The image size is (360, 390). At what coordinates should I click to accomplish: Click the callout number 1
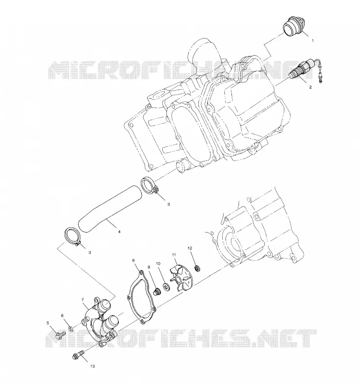[x=313, y=40]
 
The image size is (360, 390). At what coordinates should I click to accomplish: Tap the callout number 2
[x=310, y=87]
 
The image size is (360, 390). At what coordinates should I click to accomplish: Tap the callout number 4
[x=119, y=232]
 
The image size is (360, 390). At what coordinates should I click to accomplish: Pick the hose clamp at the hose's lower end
[x=73, y=236]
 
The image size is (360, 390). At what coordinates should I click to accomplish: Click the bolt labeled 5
[x=59, y=335]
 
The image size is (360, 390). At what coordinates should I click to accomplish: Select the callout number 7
[x=83, y=299]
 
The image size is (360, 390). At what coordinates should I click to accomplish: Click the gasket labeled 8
[x=141, y=297]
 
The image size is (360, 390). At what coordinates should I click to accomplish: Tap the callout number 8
[x=133, y=260]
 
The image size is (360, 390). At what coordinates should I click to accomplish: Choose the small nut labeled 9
[x=157, y=292]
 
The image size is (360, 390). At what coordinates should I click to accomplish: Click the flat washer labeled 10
[x=166, y=286]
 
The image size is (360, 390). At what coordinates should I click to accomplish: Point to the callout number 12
[x=189, y=248]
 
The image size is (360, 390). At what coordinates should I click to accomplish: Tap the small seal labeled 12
[x=198, y=269]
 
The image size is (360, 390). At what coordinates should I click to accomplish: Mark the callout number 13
[x=93, y=366]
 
